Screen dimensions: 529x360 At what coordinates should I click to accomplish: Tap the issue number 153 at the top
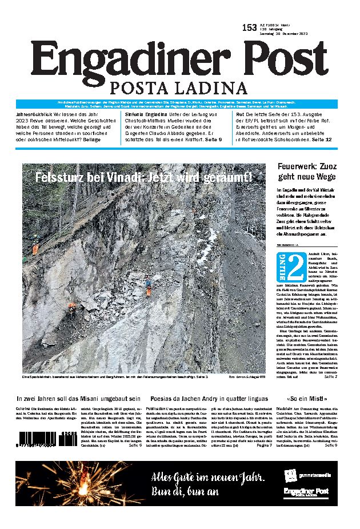coord(249,27)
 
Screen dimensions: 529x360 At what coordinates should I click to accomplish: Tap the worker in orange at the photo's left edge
coord(35,249)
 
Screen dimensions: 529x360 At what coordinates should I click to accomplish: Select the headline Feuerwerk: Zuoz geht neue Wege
coord(307,172)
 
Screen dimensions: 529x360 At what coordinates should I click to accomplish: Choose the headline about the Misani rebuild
coord(78,398)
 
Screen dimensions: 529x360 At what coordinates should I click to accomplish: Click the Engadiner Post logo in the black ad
coord(306,493)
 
